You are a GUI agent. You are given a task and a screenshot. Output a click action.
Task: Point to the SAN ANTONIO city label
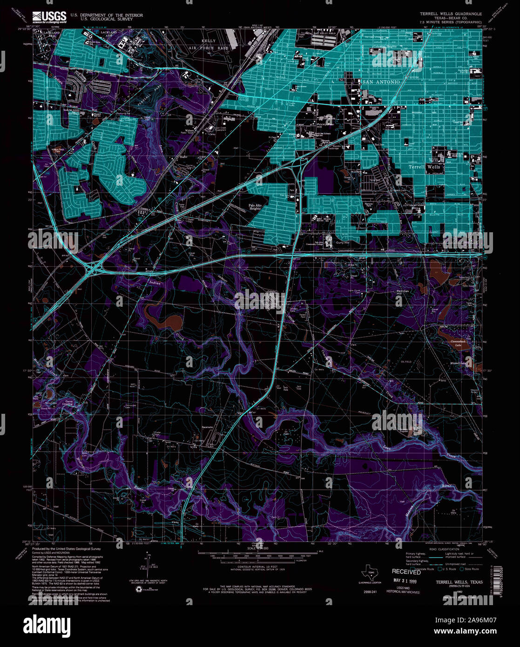(x=381, y=82)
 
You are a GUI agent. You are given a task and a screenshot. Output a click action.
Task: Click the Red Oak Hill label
(x=402, y=293)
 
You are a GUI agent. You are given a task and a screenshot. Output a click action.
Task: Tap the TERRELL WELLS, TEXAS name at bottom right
(x=459, y=582)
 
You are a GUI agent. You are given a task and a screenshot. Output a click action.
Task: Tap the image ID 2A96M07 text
(x=472, y=620)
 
